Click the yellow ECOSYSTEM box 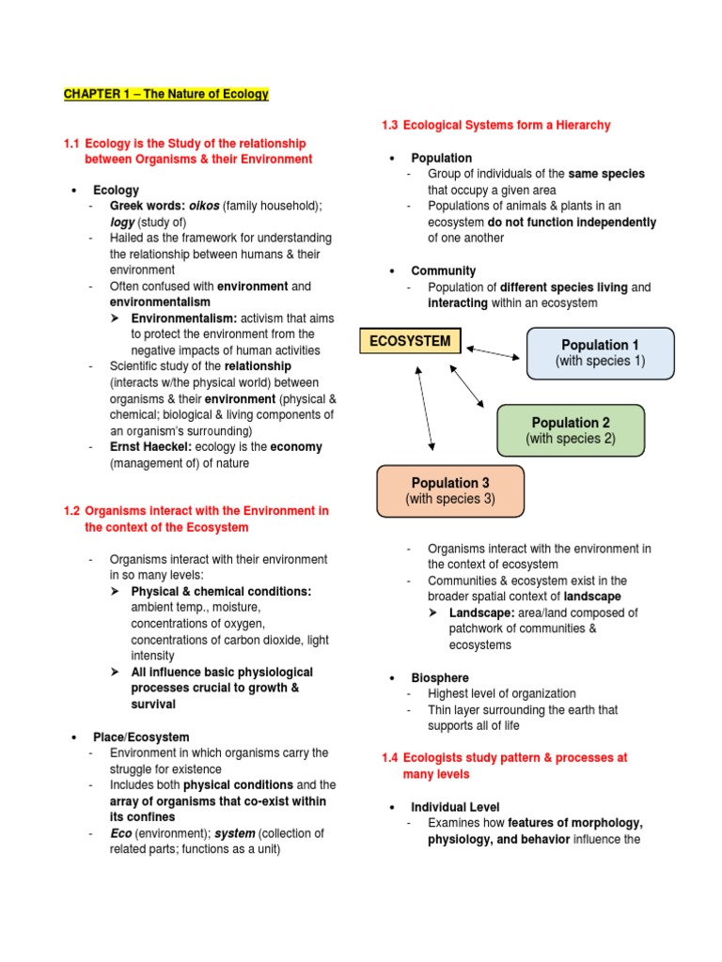411,341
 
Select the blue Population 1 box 600,353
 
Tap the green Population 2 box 571,430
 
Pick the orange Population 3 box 450,491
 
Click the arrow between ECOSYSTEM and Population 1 493,352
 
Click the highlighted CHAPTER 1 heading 165,94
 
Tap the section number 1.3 390,125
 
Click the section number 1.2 72,511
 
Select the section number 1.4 390,757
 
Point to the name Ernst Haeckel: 150,447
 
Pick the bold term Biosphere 439,677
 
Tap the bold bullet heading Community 443,271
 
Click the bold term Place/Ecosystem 141,737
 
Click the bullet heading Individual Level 455,807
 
